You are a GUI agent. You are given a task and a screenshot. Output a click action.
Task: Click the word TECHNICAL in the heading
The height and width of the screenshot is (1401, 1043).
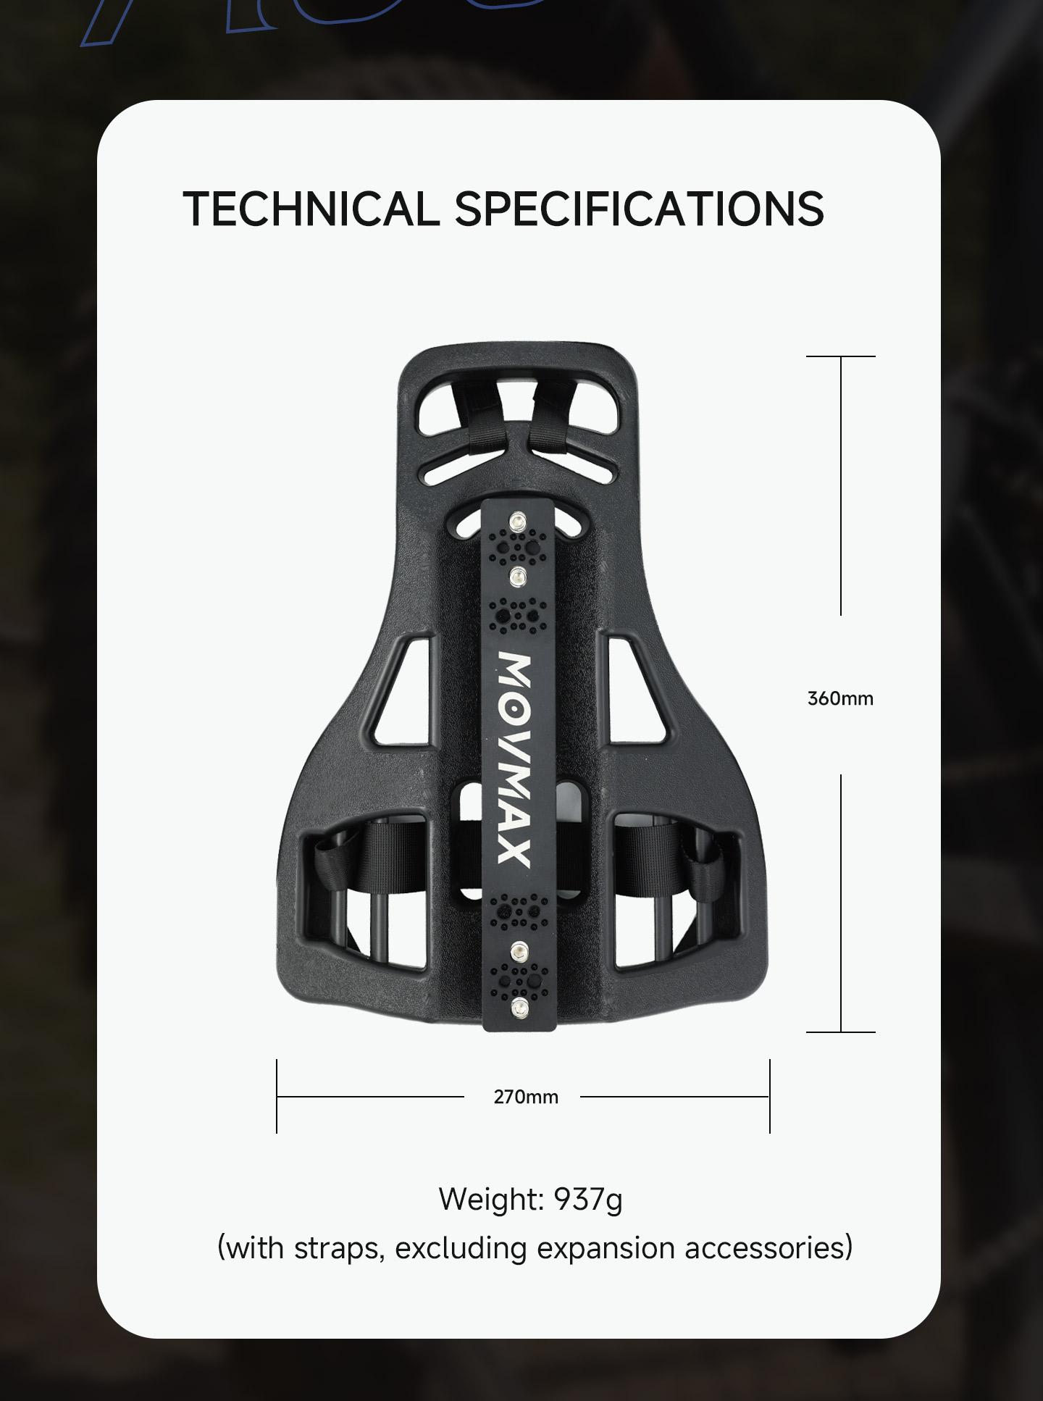click(311, 209)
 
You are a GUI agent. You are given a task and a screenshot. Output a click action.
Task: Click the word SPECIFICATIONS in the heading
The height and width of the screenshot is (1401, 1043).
click(640, 209)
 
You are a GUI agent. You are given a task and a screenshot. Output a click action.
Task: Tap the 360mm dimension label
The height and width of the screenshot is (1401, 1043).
click(840, 699)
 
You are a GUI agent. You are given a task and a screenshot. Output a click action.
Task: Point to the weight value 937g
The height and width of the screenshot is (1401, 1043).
click(588, 1200)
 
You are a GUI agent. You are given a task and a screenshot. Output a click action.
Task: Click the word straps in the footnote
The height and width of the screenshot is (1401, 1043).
click(339, 1250)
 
